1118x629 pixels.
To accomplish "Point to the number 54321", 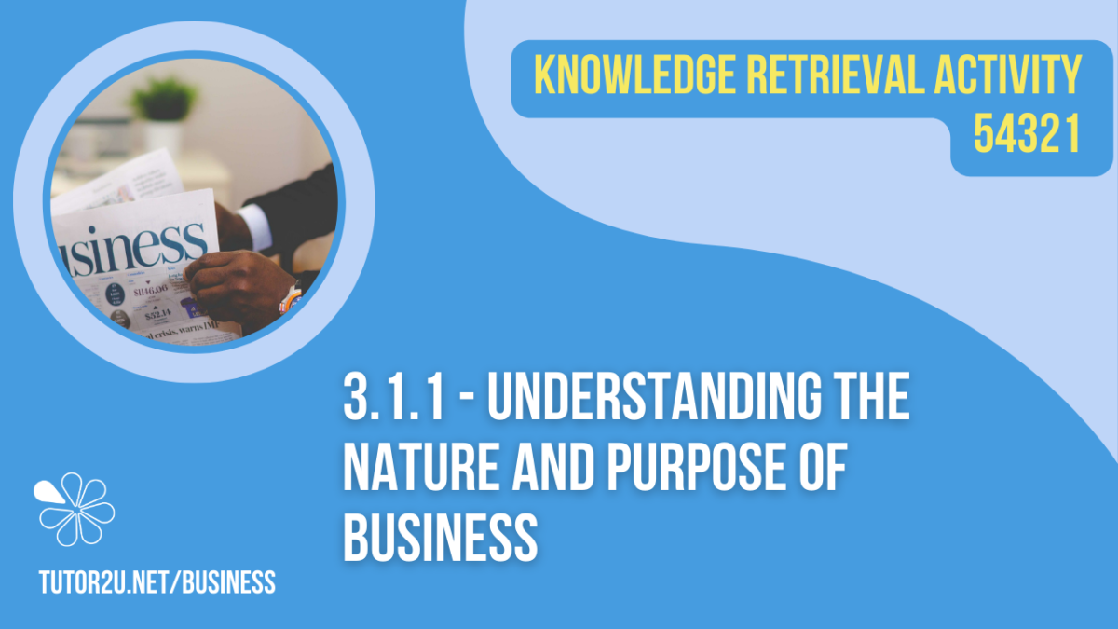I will tap(1027, 137).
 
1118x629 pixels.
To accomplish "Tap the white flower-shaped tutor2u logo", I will tap(74, 509).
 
